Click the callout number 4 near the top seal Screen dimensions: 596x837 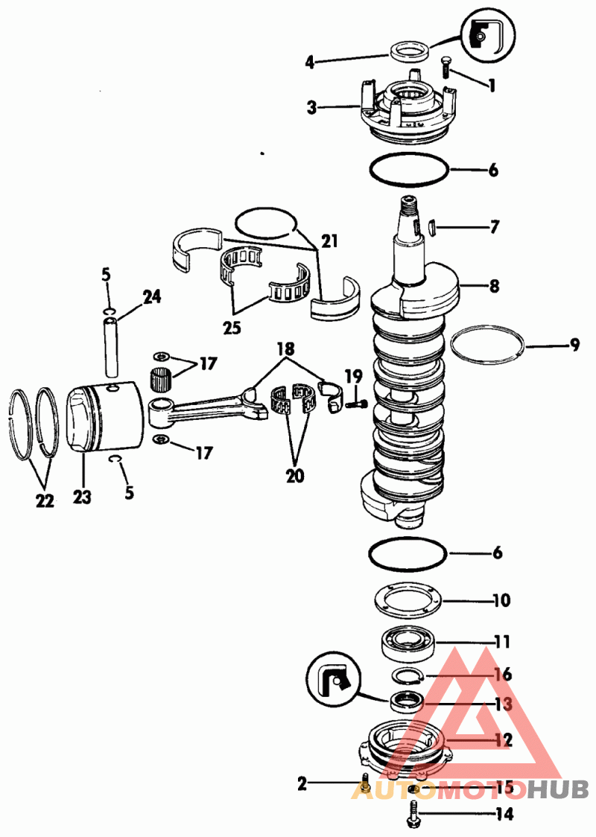click(x=310, y=62)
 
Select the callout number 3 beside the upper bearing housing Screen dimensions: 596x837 click(x=312, y=107)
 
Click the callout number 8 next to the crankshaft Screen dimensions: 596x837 click(x=495, y=286)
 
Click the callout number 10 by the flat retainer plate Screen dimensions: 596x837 click(x=501, y=600)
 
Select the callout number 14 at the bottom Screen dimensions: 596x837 click(x=504, y=814)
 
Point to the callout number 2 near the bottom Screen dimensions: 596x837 click(x=302, y=783)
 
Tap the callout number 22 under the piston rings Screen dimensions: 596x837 click(x=45, y=500)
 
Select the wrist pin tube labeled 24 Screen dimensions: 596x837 click(x=111, y=346)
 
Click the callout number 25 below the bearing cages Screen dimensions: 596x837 click(x=232, y=327)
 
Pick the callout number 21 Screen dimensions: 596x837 click(x=329, y=241)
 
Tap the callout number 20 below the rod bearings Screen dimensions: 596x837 click(x=295, y=475)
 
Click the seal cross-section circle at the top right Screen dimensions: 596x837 click(x=487, y=35)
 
